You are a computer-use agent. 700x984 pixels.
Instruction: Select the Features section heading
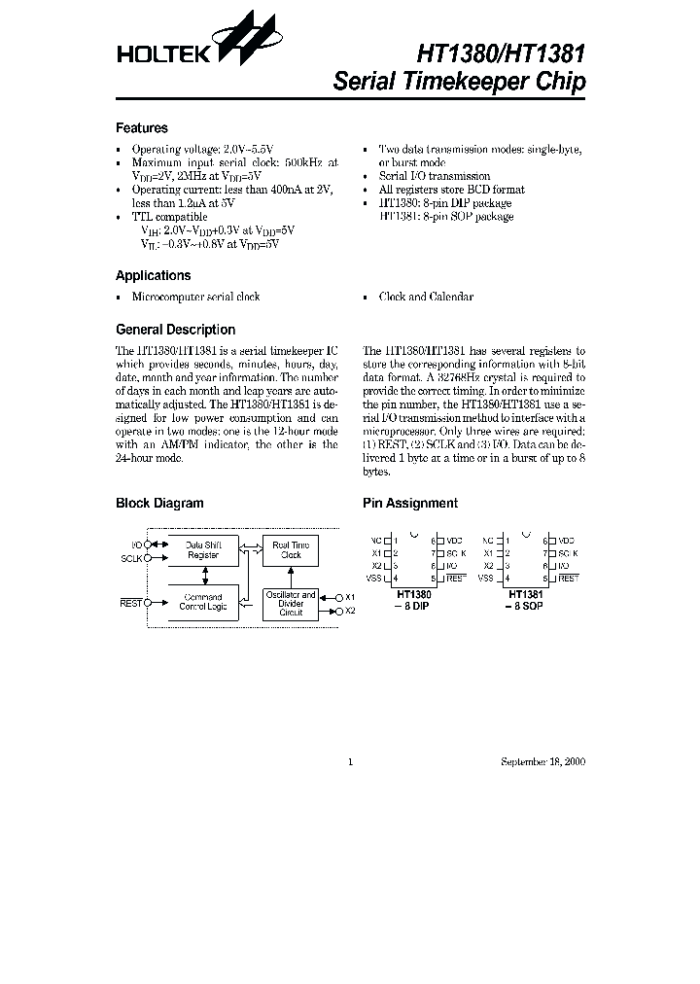click(x=141, y=127)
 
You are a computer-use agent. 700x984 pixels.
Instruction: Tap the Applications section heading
click(x=153, y=275)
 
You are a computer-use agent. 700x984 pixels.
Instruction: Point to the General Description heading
click(x=175, y=330)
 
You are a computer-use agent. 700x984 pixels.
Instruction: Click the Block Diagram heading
click(x=159, y=503)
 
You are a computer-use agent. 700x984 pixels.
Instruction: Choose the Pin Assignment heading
click(x=409, y=503)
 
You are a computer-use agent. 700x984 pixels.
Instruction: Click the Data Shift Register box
click(x=203, y=550)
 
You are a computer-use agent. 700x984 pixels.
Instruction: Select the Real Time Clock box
click(x=291, y=550)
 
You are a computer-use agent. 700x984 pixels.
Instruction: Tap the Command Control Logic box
click(x=203, y=602)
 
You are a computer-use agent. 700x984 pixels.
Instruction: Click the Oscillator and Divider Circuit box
click(x=291, y=603)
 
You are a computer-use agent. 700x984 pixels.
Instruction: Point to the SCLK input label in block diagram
click(x=131, y=559)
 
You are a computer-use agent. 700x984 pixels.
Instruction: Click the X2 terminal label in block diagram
click(x=351, y=611)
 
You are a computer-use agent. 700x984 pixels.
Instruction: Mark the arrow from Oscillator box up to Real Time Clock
click(x=291, y=576)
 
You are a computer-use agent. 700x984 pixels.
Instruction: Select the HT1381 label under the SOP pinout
click(x=525, y=594)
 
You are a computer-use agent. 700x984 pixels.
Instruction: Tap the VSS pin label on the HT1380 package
click(x=377, y=578)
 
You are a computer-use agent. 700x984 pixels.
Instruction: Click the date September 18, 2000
click(x=543, y=761)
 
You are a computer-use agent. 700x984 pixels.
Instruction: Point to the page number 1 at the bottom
click(x=349, y=761)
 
